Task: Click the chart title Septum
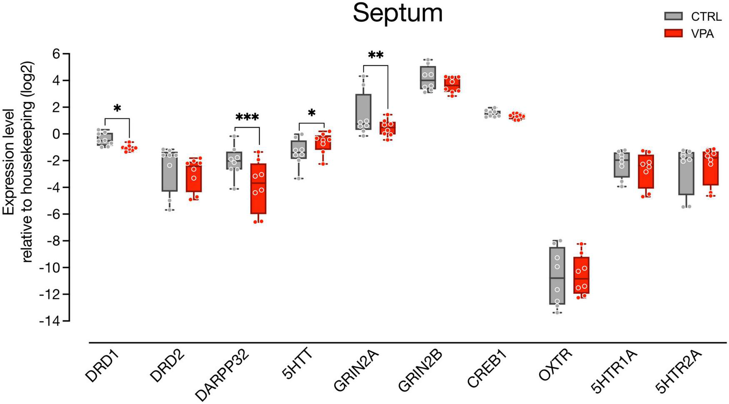click(397, 13)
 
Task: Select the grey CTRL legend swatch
click(673, 16)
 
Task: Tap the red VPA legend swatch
click(673, 34)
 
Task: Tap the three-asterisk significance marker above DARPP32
click(247, 118)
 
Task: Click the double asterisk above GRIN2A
click(375, 55)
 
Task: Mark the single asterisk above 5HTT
click(312, 113)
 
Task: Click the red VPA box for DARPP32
click(259, 188)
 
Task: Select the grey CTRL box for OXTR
click(557, 275)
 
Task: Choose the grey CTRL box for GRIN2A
click(364, 112)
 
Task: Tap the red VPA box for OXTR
click(582, 275)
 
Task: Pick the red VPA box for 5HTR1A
click(646, 171)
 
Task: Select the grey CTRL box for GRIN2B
click(428, 77)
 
